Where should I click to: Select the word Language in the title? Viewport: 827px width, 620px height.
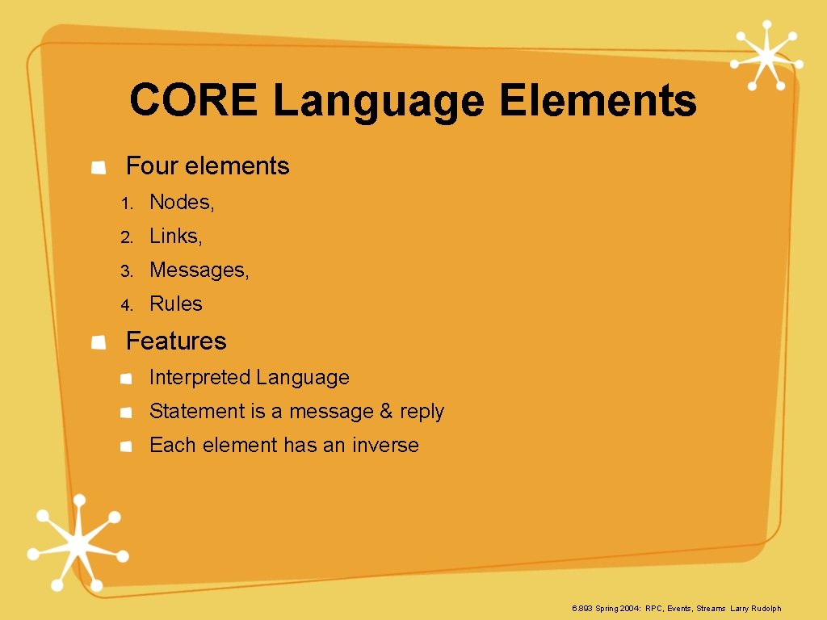click(379, 102)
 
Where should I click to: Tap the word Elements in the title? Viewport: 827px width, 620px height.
click(598, 102)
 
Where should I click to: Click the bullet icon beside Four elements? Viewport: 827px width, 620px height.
click(99, 167)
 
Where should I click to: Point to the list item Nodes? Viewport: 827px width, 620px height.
click(182, 202)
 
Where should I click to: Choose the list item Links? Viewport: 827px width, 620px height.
click(176, 236)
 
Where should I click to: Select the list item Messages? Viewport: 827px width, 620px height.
click(199, 270)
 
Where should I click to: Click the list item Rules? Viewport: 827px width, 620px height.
click(176, 304)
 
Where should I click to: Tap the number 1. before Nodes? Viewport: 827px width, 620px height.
click(126, 203)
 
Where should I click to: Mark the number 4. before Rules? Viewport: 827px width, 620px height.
click(126, 305)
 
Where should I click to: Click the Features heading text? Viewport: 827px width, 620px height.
click(176, 341)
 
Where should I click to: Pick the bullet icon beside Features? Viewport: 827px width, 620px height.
click(99, 342)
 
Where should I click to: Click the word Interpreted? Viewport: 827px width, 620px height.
click(200, 377)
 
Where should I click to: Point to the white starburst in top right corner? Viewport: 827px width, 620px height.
click(766, 55)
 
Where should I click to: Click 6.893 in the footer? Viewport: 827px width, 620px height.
click(581, 608)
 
